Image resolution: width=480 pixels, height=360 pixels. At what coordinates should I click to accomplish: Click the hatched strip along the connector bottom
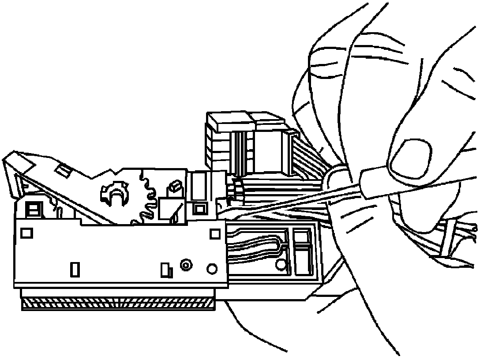click(118, 303)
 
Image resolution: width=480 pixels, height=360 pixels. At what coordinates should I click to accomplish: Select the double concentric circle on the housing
click(185, 265)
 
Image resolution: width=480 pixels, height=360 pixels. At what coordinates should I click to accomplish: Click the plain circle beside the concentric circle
click(212, 268)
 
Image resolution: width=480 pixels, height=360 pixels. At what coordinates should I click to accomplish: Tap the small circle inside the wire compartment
click(280, 264)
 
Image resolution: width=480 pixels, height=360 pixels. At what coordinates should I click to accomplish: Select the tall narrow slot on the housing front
click(75, 269)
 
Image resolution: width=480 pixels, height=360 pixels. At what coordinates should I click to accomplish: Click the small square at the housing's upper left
click(27, 232)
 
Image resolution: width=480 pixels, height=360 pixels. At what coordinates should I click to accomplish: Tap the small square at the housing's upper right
click(215, 233)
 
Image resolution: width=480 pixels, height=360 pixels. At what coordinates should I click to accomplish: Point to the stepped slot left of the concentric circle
click(165, 269)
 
